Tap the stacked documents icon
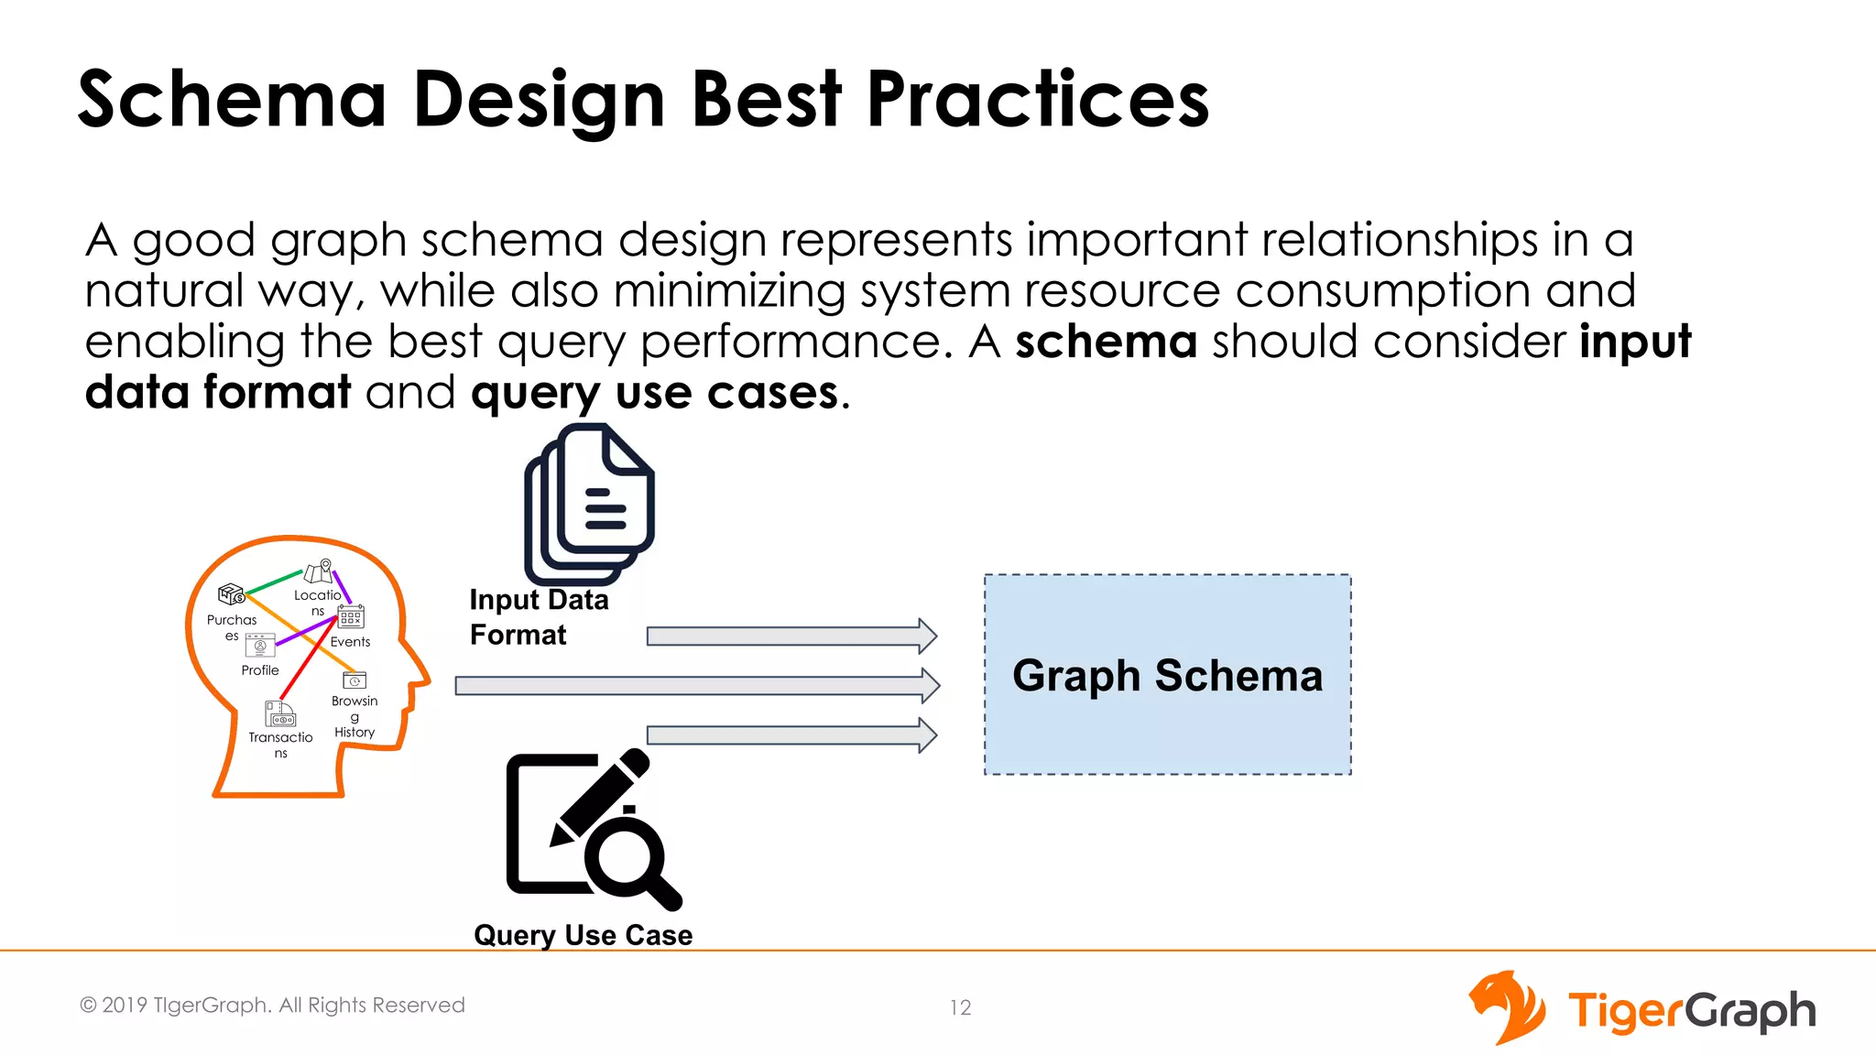[589, 504]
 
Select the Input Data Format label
[539, 616]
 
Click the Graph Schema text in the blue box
[1167, 676]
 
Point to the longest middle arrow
[696, 685]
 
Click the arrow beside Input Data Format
[791, 636]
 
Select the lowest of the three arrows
[791, 734]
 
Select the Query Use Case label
[583, 935]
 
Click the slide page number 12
[960, 1007]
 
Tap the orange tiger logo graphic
[1507, 1007]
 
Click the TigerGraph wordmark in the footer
[1691, 1011]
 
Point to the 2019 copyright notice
[273, 1005]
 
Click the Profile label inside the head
[260, 670]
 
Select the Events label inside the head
[350, 642]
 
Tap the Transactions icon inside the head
[279, 713]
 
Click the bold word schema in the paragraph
[1106, 342]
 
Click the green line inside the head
[274, 582]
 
